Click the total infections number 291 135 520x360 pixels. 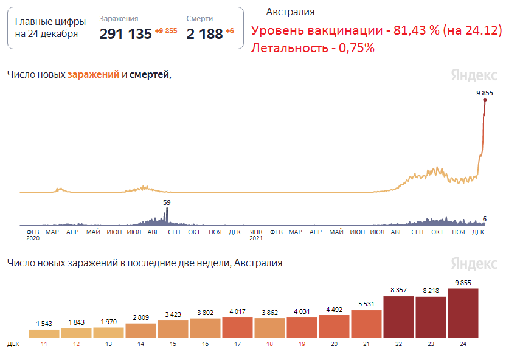click(x=125, y=34)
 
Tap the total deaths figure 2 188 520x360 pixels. click(x=204, y=34)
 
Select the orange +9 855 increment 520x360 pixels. click(x=165, y=31)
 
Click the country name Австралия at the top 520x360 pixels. click(x=290, y=12)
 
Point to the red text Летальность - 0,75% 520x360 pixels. click(x=312, y=48)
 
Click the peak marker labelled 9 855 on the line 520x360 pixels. click(x=485, y=100)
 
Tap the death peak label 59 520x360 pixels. click(x=167, y=202)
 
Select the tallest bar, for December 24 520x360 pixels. click(x=463, y=313)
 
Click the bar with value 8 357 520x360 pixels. click(x=398, y=316)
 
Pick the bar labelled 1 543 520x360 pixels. click(x=44, y=333)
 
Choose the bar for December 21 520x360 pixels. click(x=366, y=323)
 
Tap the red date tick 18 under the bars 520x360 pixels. click(x=269, y=344)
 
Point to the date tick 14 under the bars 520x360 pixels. click(x=140, y=344)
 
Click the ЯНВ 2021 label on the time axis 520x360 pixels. click(x=256, y=235)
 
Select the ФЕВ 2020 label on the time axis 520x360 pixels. click(x=32, y=235)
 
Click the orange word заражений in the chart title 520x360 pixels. click(x=93, y=74)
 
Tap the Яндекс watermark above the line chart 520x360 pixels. click(x=474, y=75)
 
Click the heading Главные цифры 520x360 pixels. click(x=50, y=22)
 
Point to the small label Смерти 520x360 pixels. click(x=199, y=19)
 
